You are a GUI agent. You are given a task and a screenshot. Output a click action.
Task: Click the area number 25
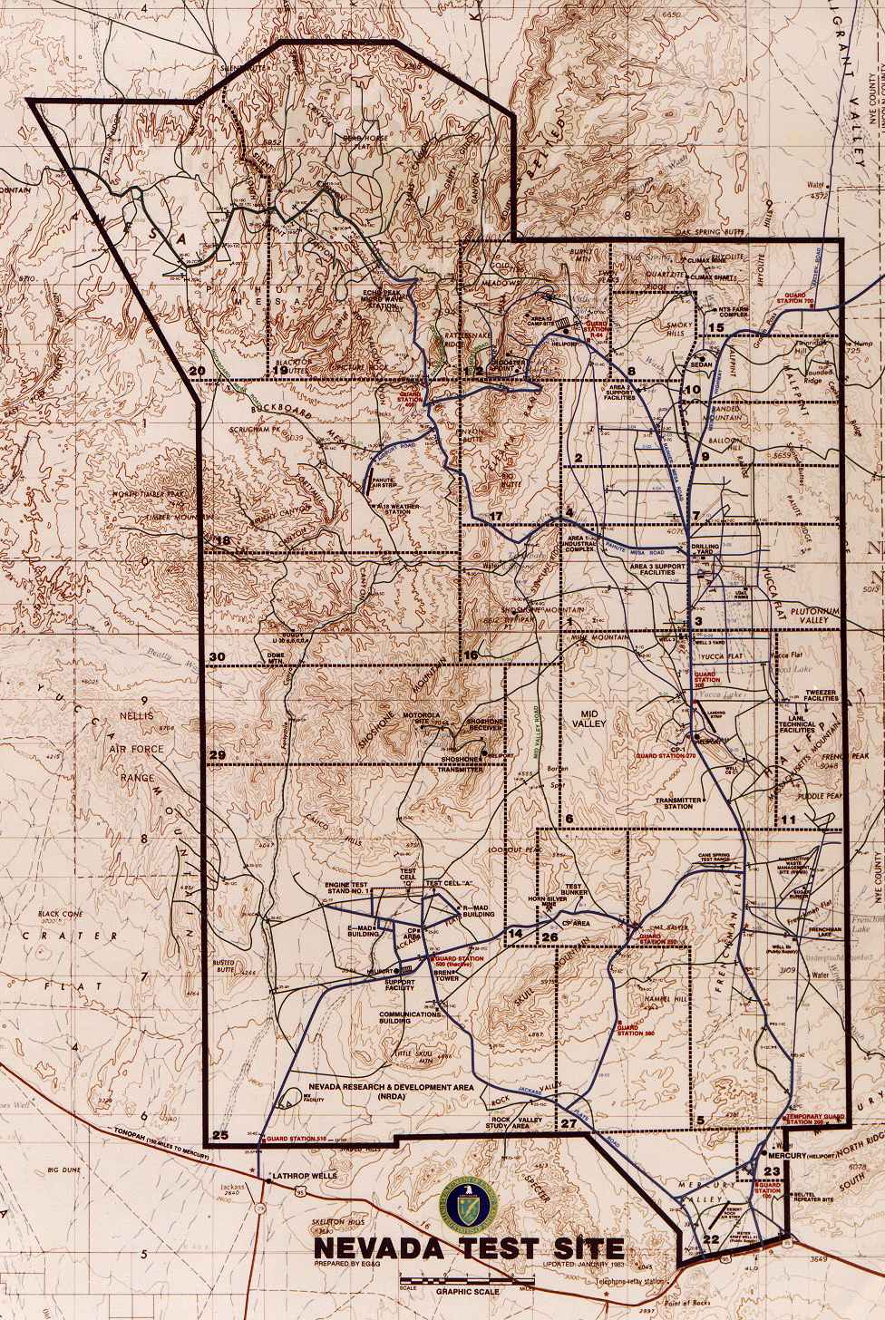pos(219,1135)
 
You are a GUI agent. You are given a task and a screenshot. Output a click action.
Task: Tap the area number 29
pos(217,755)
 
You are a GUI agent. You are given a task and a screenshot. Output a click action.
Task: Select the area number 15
pos(715,327)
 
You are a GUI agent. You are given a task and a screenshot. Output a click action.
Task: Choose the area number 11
pos(788,820)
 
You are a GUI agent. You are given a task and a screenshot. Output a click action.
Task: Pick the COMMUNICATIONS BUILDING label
pos(410,1018)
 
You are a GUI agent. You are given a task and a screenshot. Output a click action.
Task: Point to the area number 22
pos(711,1239)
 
